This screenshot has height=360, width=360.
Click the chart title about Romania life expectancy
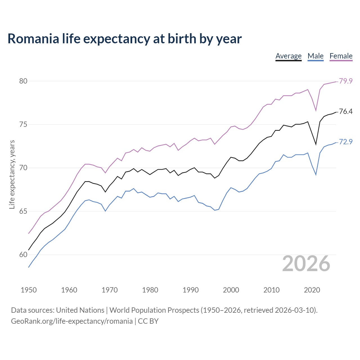(125, 39)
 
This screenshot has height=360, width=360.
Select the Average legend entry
(288, 56)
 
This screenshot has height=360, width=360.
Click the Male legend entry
(315, 56)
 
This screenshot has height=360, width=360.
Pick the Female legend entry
(341, 56)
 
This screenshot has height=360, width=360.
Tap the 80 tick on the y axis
(23, 81)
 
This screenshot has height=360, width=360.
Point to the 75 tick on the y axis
(23, 124)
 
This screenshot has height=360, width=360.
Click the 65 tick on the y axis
(23, 211)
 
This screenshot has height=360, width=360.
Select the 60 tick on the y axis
(23, 255)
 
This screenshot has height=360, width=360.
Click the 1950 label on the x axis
(29, 290)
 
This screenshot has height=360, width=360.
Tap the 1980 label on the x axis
(150, 290)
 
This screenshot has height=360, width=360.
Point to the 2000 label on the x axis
(231, 290)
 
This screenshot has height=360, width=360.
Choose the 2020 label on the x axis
(312, 290)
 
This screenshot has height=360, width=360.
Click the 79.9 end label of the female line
(346, 81)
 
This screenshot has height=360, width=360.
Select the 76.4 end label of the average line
(346, 112)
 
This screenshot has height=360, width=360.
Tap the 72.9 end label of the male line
(346, 142)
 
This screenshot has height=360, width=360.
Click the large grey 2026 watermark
(306, 264)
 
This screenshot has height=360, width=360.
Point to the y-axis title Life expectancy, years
(12, 174)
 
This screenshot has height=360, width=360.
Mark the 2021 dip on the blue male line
(316, 175)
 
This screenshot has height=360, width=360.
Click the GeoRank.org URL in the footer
(72, 321)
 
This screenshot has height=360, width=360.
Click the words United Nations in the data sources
(80, 310)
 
